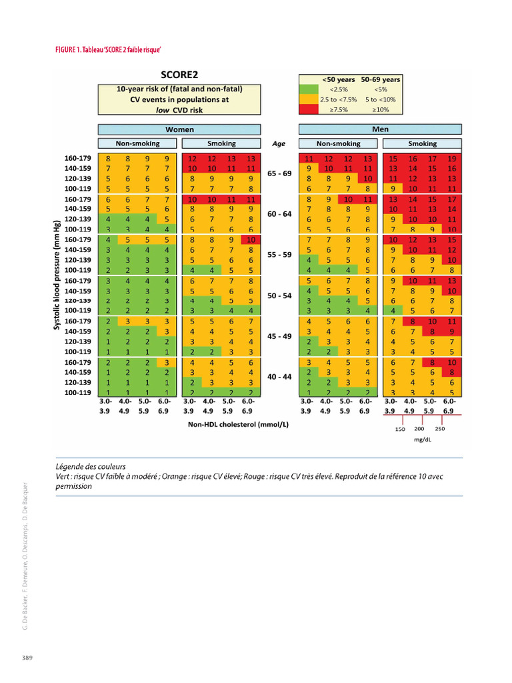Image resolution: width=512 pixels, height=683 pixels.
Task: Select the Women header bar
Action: (179, 129)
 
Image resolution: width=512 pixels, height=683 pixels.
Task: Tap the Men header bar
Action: (381, 129)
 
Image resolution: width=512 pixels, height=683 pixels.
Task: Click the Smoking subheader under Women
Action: (221, 143)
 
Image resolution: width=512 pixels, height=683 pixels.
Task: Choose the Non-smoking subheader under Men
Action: (337, 143)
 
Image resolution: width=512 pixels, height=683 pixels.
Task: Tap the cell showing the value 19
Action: (453, 159)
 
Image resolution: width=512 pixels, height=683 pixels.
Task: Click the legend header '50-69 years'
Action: (381, 79)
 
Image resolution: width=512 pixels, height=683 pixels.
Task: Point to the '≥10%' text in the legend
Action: (381, 109)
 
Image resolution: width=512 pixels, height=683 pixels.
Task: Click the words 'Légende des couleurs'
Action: (91, 466)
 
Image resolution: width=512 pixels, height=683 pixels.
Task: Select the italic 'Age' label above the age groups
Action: (279, 143)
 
